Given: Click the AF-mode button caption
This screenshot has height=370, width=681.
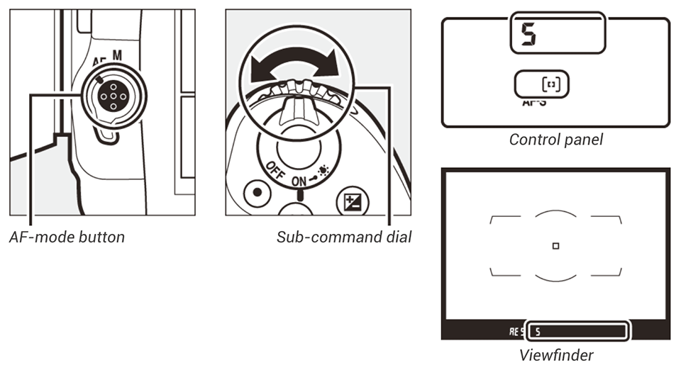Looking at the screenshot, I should pos(67,237).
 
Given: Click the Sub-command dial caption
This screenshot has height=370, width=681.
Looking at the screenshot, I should pos(344,237).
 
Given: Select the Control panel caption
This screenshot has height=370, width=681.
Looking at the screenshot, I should pos(555,140).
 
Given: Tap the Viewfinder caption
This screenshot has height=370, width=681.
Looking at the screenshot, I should pos(555,354).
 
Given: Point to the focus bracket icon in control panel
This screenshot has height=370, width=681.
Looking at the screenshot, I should pos(550,84).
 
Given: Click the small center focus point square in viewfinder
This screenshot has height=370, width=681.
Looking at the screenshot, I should pos(555,245).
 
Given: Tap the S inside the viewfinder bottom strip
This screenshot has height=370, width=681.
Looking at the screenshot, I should pos(538,330).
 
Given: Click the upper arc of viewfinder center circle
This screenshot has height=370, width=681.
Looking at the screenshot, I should pos(555,211).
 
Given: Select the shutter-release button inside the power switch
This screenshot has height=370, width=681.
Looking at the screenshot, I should pos(298,149).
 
